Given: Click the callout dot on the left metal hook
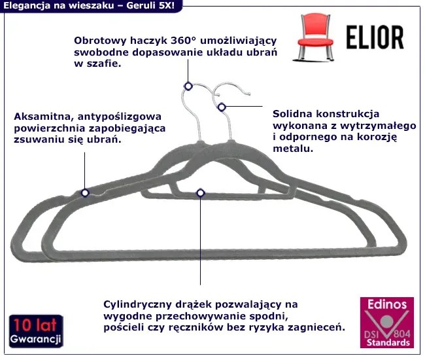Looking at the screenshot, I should click(x=188, y=86).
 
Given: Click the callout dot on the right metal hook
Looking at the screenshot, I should click(x=222, y=107).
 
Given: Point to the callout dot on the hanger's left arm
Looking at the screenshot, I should click(x=85, y=192).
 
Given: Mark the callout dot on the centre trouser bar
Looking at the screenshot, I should click(x=200, y=192).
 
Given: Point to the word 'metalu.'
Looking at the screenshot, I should click(x=292, y=149).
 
